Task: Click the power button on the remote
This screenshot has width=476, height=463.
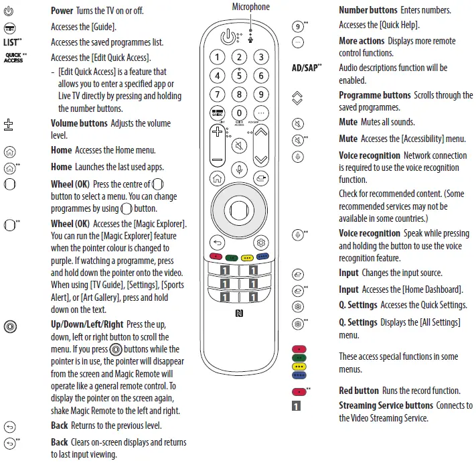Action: (x=228, y=37)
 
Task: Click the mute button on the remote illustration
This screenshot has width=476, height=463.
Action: (x=239, y=146)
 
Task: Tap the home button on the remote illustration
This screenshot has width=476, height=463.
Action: (x=216, y=178)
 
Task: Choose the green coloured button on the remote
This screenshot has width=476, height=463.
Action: (x=232, y=256)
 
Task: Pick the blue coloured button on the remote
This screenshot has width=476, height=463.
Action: (x=262, y=256)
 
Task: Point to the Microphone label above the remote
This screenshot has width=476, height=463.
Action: (x=251, y=7)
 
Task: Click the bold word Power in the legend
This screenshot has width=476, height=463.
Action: (x=63, y=11)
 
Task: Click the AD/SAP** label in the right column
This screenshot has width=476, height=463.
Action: (x=307, y=68)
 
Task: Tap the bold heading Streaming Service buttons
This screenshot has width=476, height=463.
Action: (x=386, y=405)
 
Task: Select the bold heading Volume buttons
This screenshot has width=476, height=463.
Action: (x=79, y=123)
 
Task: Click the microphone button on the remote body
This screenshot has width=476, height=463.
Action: (x=239, y=171)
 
